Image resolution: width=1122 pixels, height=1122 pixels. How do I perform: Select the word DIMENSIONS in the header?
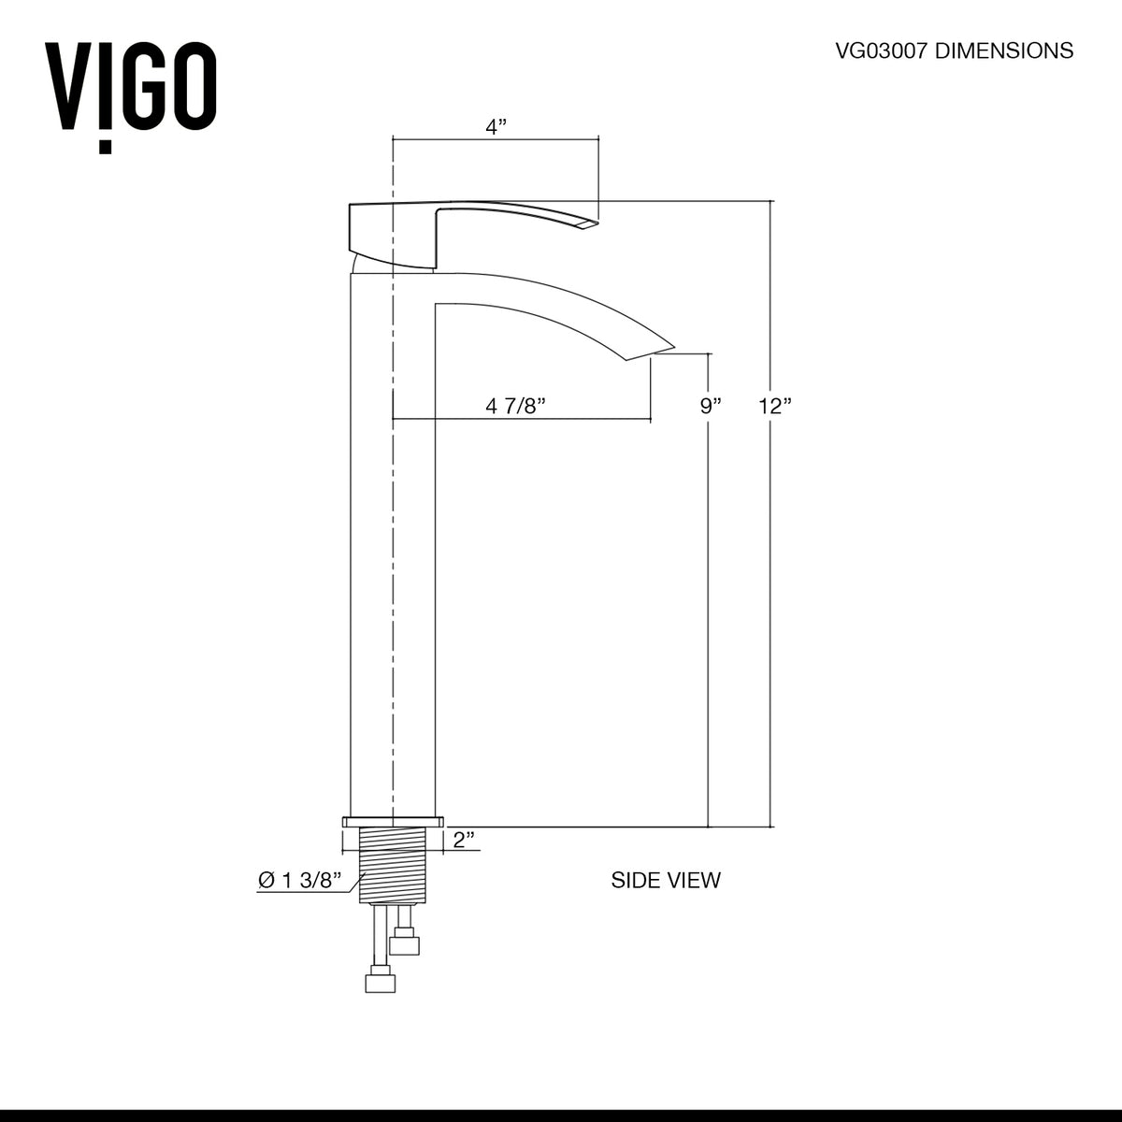[x=1007, y=50]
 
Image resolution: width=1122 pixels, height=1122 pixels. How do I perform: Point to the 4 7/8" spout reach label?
[x=515, y=406]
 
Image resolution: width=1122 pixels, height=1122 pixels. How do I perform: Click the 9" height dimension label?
[x=712, y=406]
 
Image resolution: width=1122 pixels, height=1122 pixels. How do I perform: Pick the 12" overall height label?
[x=775, y=406]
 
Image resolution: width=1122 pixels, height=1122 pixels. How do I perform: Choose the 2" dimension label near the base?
[x=465, y=840]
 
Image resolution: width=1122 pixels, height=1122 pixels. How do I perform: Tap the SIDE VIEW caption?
[x=666, y=880]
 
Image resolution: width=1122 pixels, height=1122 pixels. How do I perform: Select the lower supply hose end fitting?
[x=380, y=983]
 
